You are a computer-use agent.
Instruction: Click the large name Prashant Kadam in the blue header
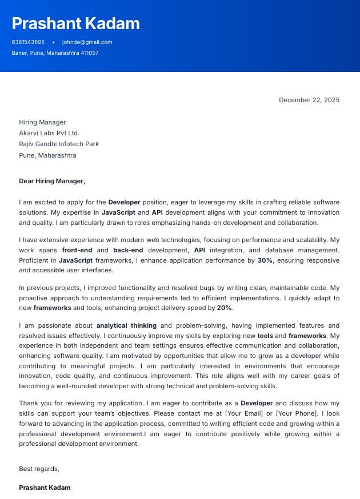[75, 23]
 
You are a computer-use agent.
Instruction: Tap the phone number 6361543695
[28, 42]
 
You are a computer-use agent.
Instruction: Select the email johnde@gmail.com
[87, 42]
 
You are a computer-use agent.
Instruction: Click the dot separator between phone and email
[53, 42]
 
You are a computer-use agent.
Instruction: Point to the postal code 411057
[89, 53]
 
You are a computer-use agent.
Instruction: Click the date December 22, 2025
[309, 100]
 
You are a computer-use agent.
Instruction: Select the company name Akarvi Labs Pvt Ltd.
[49, 133]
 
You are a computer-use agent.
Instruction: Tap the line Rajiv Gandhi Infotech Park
[59, 144]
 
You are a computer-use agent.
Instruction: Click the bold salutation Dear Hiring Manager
[52, 181]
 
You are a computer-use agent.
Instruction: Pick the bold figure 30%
[265, 260]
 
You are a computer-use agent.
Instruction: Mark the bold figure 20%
[224, 308]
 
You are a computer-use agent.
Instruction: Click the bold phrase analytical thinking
[126, 325]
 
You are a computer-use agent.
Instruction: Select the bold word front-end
[77, 250]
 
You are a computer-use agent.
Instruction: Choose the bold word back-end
[129, 250]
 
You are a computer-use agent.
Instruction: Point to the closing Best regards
[39, 469]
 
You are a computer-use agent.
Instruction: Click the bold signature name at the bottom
[45, 488]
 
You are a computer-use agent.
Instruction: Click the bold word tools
[265, 336]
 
